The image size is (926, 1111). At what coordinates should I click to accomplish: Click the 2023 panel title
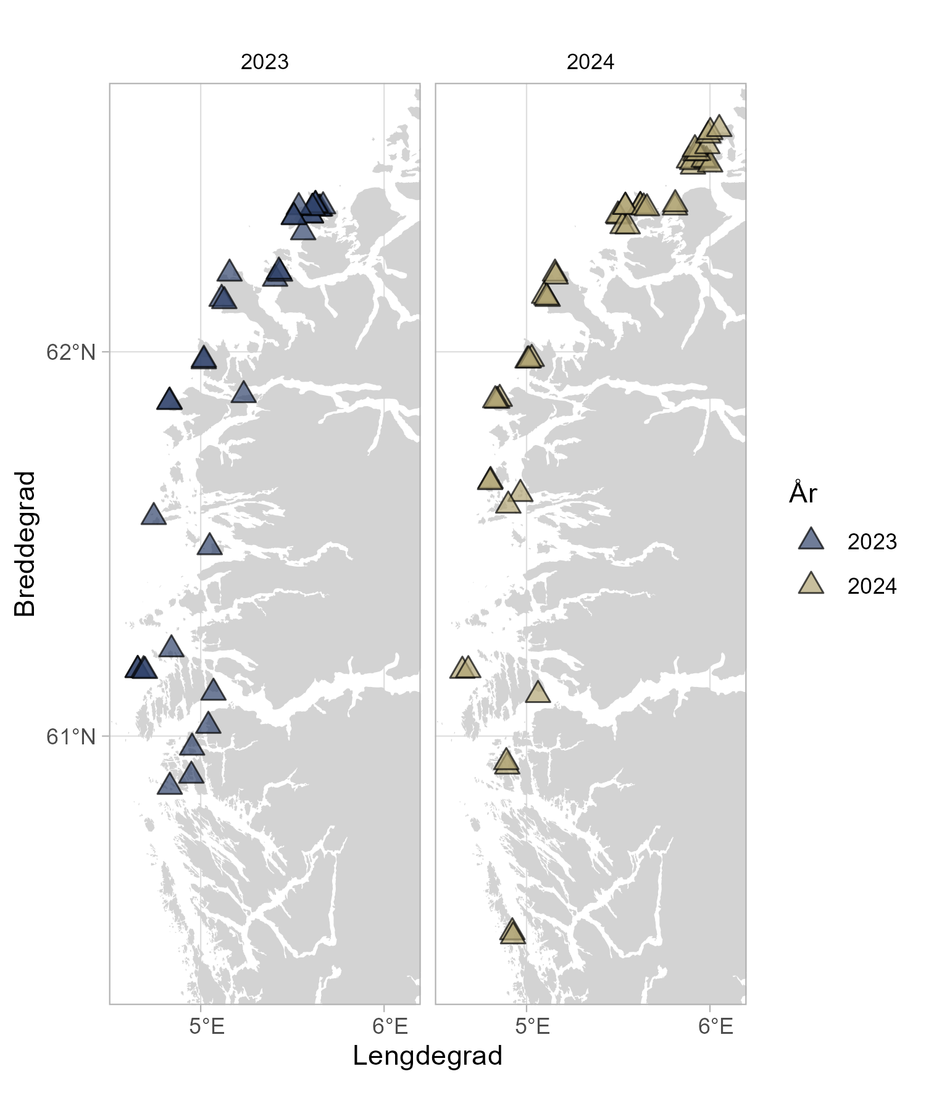tap(264, 62)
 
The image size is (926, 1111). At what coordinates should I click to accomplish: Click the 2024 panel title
tap(590, 62)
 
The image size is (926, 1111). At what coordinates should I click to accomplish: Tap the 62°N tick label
tap(71, 352)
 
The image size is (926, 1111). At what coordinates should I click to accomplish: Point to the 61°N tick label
tap(71, 736)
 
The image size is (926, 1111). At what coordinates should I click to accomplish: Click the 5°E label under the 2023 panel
tap(207, 1026)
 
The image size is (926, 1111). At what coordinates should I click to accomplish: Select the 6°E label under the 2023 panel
tap(390, 1026)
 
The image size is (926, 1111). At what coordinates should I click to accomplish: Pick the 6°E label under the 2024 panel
tap(716, 1026)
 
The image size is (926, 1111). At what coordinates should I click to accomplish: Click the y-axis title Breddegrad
tap(25, 544)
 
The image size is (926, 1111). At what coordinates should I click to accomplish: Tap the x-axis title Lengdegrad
tap(427, 1056)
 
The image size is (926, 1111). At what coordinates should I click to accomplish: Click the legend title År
tap(803, 493)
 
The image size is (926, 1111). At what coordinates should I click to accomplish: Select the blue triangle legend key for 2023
tap(811, 540)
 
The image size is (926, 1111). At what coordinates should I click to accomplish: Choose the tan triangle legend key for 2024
tap(811, 585)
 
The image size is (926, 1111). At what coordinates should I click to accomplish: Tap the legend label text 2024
tap(872, 586)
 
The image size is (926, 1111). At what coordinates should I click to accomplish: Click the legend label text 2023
tap(872, 542)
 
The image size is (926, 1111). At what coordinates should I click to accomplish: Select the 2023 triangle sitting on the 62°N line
tap(204, 359)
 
